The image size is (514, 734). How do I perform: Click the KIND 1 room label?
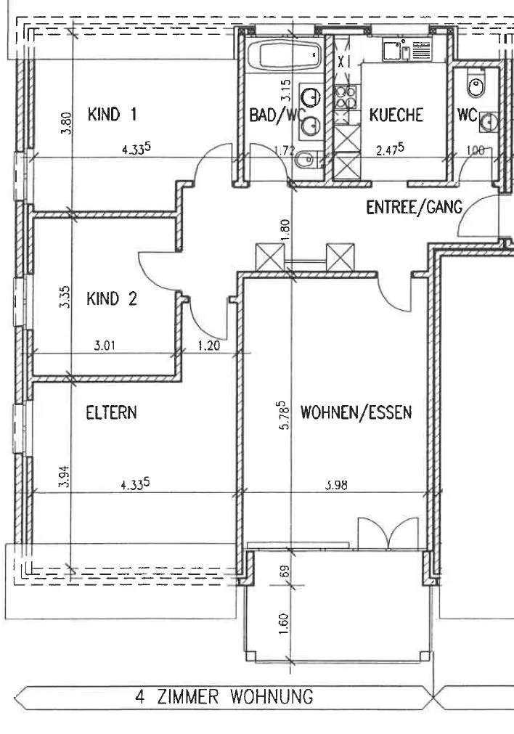[x=112, y=114]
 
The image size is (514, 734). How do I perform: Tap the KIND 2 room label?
[x=112, y=298]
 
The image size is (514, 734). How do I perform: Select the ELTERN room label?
[x=111, y=412]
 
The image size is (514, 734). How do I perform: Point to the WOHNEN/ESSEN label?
[x=356, y=412]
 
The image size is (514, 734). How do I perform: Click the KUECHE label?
[x=396, y=115]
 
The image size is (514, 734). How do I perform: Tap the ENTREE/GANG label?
[x=414, y=207]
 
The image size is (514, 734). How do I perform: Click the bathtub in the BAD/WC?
[x=284, y=55]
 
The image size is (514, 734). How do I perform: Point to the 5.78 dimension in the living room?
[x=284, y=416]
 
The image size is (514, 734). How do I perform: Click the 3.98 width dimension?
[x=336, y=484]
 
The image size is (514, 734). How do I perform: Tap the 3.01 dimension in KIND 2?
[x=105, y=346]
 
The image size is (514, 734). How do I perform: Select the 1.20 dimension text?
[x=209, y=346]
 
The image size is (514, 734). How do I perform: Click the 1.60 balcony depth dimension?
[x=284, y=624]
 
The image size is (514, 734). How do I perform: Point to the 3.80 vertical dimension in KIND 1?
[x=67, y=123]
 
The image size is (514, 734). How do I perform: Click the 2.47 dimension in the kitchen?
[x=390, y=150]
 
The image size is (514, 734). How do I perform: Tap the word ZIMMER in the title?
[x=187, y=697]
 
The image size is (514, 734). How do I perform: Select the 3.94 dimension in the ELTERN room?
[x=64, y=476]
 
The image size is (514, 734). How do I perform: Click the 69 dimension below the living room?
[x=285, y=571]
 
